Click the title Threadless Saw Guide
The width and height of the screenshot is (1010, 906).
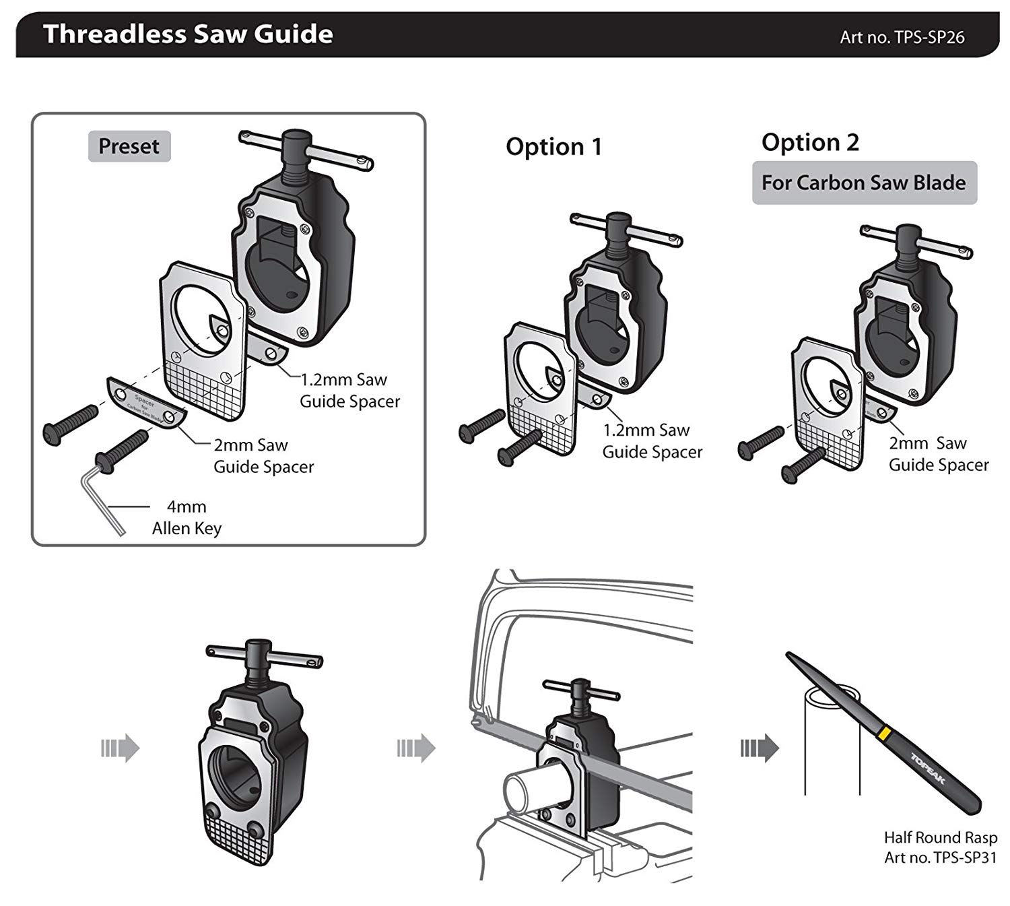(x=188, y=34)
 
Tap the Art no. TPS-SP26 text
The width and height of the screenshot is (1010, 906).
(x=902, y=37)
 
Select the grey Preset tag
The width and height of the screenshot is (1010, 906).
(x=129, y=146)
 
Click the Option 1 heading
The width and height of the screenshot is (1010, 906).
(x=553, y=147)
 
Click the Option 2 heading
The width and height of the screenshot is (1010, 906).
(x=810, y=142)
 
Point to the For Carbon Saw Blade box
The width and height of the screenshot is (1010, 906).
(x=864, y=183)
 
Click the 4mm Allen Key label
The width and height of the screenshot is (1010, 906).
(x=187, y=517)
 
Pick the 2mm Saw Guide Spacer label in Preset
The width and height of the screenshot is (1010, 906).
(x=263, y=456)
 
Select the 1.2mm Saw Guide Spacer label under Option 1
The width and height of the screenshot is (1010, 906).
(x=651, y=441)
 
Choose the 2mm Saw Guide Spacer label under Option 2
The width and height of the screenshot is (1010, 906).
(x=938, y=453)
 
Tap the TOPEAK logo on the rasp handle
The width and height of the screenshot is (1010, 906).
(x=929, y=769)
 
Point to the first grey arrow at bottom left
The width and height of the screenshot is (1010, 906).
(x=120, y=748)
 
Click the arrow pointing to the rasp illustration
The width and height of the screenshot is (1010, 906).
(x=760, y=748)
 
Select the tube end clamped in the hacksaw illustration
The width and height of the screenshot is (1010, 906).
(x=523, y=788)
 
